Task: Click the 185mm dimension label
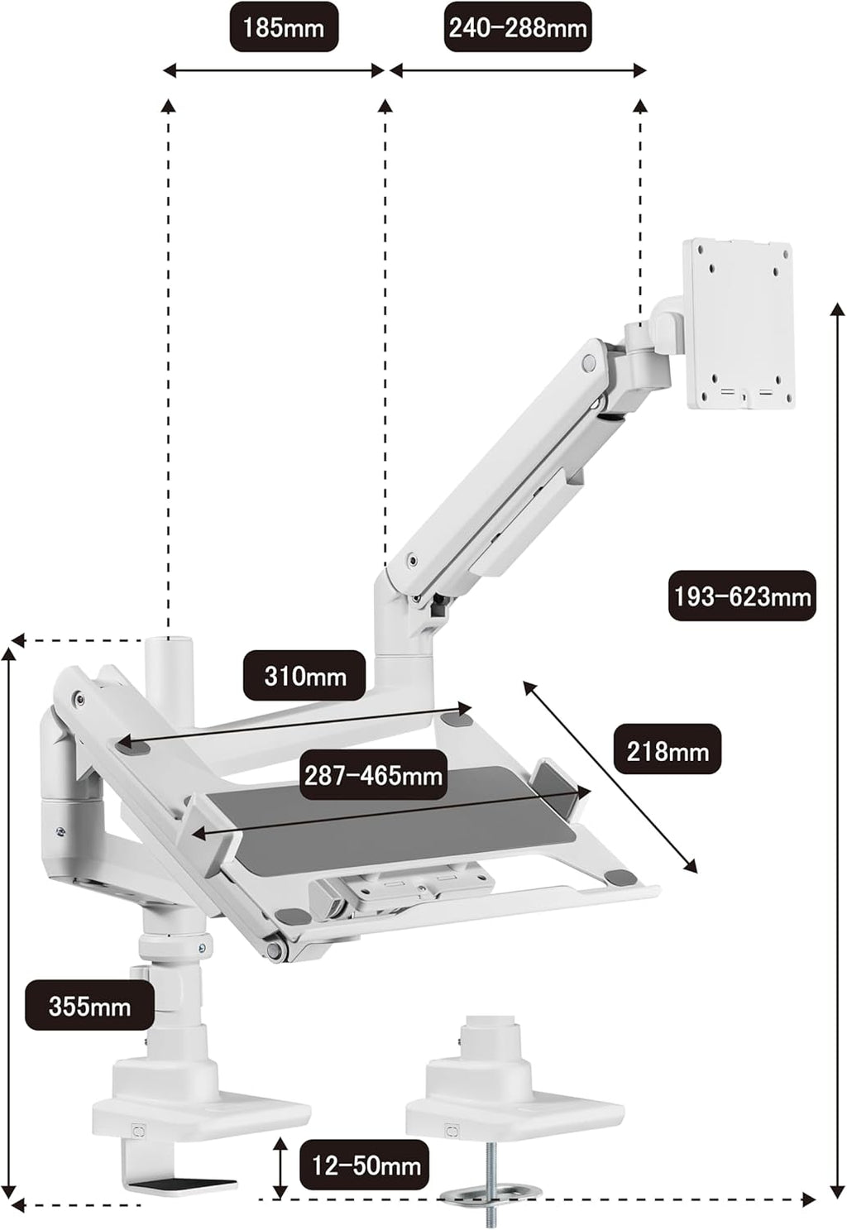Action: tap(284, 27)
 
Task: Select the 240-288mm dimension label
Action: tap(518, 27)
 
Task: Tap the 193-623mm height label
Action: tap(742, 596)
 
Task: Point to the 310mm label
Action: tap(304, 676)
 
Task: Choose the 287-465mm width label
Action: tap(374, 775)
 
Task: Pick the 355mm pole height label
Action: tap(89, 1004)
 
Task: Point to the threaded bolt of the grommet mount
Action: tap(492, 1177)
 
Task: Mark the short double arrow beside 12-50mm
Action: tap(280, 1150)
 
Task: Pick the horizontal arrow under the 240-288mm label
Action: tap(518, 70)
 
